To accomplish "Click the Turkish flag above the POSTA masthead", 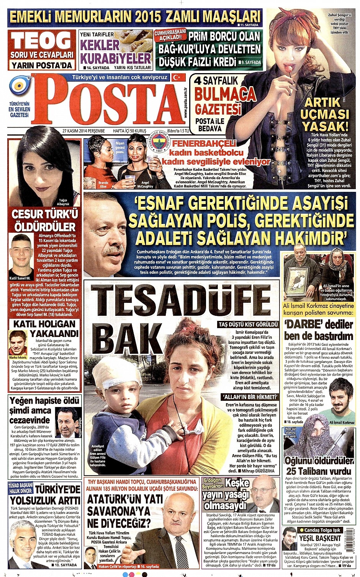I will [177, 77].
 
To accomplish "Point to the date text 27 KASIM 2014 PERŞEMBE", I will [83, 131].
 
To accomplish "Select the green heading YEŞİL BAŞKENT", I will [320, 538].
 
